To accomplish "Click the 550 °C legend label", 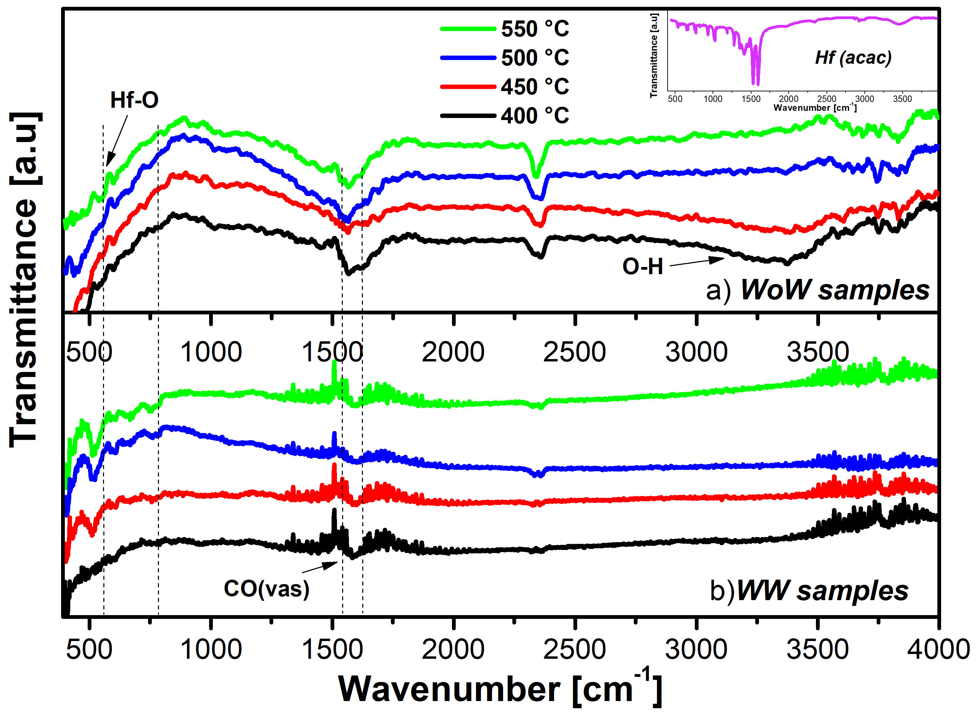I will coord(535,29).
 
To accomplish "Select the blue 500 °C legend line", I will coord(468,58).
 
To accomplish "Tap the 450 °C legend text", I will coord(535,87).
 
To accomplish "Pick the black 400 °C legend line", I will coord(468,116).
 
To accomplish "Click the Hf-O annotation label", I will coord(134,100).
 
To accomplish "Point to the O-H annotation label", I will coord(642,266).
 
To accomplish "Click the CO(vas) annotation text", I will coord(266,589).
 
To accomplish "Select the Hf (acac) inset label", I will coord(853,58).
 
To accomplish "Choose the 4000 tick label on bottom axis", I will coord(938,650).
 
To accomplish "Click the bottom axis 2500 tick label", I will coord(574,650).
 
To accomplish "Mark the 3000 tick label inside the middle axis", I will coord(696,352).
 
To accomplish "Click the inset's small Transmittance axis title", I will coord(654,55).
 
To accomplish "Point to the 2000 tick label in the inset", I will coord(789,99).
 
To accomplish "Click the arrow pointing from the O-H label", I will coord(697,262).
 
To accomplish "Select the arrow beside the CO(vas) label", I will coord(320,567).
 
